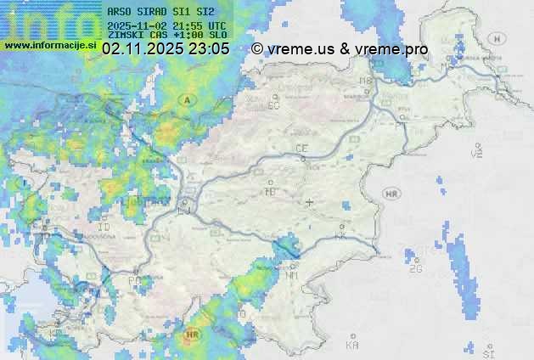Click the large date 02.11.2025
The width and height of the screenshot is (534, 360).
click(145, 49)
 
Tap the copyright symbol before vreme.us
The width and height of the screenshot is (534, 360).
click(257, 49)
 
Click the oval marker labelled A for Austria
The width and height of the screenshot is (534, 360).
click(185, 100)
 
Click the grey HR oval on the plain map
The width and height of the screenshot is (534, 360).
click(392, 194)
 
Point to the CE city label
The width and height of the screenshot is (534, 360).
click(301, 149)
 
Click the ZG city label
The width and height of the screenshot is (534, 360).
click(416, 269)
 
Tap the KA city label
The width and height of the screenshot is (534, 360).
click(352, 346)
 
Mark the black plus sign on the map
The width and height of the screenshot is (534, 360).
click(310, 202)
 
